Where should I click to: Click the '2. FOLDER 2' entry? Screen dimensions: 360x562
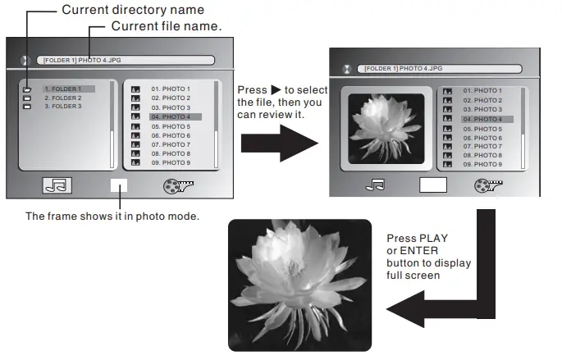(x=62, y=98)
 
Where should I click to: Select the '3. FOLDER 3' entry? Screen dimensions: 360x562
(x=62, y=107)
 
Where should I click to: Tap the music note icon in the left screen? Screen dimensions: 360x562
(x=57, y=185)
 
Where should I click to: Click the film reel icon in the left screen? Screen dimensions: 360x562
(x=178, y=185)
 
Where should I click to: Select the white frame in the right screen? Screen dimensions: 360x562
(x=432, y=185)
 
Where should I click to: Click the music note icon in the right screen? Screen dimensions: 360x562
(x=376, y=185)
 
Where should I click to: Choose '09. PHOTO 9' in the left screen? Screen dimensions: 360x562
(x=170, y=163)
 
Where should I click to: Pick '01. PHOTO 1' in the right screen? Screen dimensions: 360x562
(x=482, y=90)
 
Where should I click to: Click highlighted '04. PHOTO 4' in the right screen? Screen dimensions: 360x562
(x=482, y=120)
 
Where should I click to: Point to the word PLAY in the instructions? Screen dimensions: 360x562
(x=436, y=239)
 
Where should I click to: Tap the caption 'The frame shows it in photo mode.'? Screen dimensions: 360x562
(x=112, y=216)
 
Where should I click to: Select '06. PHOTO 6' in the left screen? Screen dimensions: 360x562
(x=170, y=136)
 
